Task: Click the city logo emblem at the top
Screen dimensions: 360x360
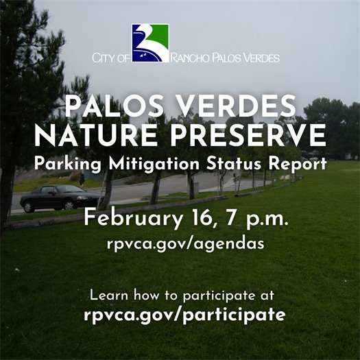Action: [x=150, y=42]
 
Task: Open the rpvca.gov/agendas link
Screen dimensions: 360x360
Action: [x=179, y=245]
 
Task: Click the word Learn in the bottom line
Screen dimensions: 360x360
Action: [x=108, y=296]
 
